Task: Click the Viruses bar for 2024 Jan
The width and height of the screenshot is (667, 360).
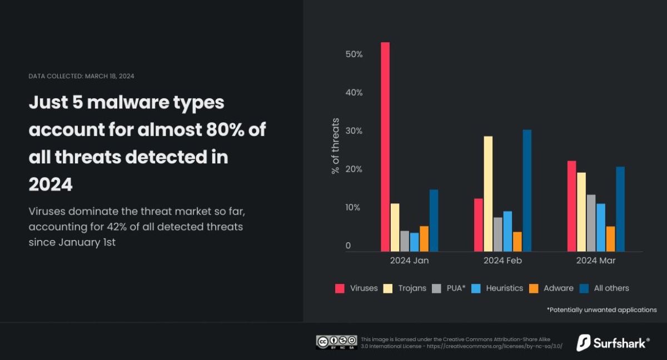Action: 385,147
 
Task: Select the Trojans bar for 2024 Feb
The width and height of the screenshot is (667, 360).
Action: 488,194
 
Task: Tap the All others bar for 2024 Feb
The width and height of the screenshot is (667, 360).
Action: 527,191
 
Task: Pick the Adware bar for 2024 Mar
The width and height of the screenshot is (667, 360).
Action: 611,239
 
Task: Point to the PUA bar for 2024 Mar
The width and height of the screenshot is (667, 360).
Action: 591,223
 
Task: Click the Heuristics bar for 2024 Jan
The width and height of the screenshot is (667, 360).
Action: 414,242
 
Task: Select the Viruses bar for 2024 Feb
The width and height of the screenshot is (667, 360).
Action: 478,225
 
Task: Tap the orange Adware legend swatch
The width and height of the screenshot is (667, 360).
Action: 534,288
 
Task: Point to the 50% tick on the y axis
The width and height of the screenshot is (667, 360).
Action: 354,54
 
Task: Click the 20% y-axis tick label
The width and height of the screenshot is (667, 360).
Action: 354,169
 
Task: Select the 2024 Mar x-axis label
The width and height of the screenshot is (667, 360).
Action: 596,261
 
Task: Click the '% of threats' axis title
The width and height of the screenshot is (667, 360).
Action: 335,146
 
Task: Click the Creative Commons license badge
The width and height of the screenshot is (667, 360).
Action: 336,342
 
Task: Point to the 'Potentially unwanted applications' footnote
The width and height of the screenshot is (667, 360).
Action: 601,310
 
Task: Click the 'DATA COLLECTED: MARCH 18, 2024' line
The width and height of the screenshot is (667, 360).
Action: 81,76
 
